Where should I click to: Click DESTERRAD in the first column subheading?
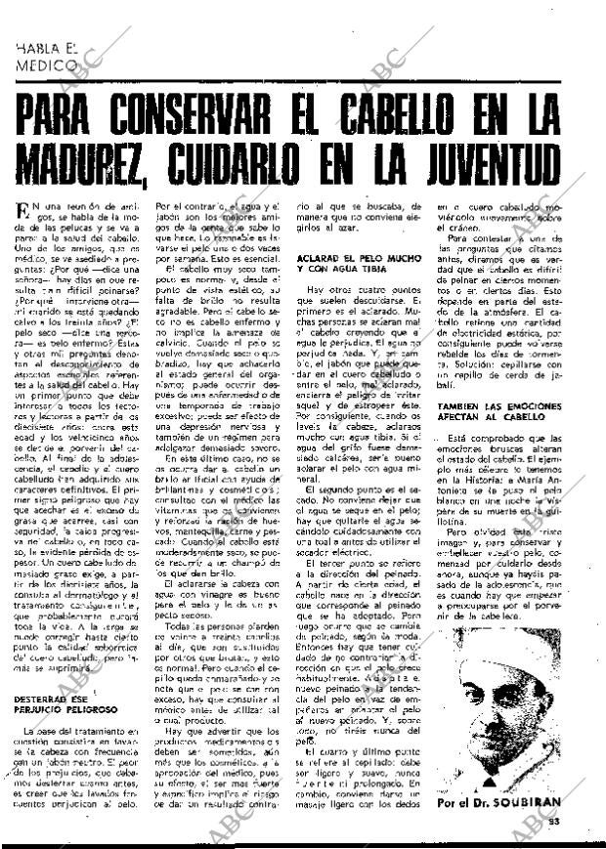point(48,700)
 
